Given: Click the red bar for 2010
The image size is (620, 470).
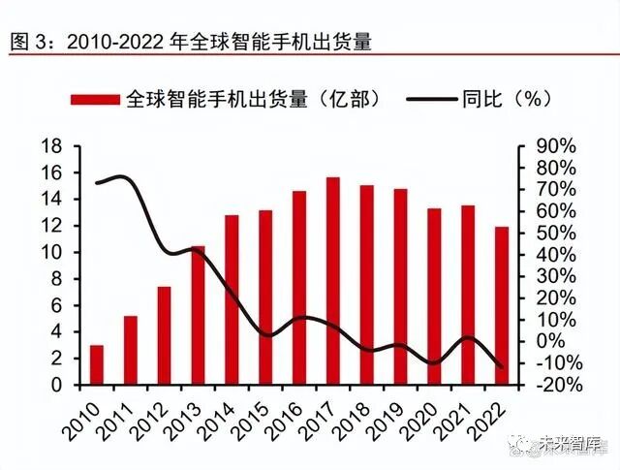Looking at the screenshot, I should click(x=97, y=364).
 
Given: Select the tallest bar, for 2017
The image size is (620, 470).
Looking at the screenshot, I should click(x=332, y=281).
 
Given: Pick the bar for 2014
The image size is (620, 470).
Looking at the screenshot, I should click(x=232, y=299).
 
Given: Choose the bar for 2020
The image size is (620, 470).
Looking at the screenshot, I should click(x=434, y=297).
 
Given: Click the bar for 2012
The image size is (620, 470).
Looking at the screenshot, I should click(x=164, y=335).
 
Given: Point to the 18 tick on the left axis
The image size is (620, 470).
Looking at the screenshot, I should click(x=51, y=146).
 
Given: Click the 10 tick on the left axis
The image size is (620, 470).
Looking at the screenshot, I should click(x=51, y=253).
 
